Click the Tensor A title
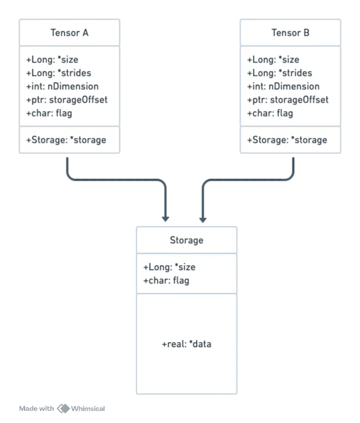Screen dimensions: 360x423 point(69,32)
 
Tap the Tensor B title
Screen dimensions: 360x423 point(290,32)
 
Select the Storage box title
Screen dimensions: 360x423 point(186,240)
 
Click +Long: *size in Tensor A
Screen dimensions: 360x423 point(52,59)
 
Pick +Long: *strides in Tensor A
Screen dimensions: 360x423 point(59,73)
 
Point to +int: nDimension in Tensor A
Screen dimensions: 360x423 point(63,86)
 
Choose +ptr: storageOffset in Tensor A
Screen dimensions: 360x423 point(66,100)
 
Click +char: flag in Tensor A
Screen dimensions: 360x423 point(49,113)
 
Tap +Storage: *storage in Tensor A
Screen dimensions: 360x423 point(66,140)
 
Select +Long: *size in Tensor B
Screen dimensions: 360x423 point(273,59)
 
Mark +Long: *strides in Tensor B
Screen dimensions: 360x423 point(280,73)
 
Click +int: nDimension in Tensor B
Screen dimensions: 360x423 point(284,86)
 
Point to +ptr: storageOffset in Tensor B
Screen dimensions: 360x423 point(287,100)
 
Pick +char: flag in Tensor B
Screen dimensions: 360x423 point(270,113)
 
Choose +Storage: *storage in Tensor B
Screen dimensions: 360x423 point(287,140)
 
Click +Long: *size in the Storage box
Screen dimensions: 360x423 point(169,267)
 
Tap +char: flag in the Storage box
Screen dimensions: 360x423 point(166,281)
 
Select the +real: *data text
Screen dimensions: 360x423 point(186,344)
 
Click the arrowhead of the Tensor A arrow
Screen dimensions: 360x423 point(165,219)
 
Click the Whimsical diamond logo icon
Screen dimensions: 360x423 point(64,408)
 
